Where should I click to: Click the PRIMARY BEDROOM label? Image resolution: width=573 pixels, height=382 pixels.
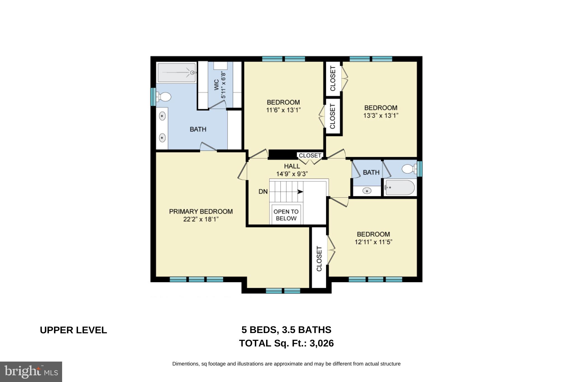coord(201,211)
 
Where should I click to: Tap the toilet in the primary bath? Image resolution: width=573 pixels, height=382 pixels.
coord(164,97)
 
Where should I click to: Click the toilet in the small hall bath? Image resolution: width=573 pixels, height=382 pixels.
coord(408,169)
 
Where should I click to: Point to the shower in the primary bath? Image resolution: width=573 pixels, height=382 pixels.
coord(176,73)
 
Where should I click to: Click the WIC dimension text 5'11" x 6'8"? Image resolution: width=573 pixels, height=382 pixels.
coord(223,85)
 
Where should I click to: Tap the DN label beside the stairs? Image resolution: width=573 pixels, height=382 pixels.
coord(263,192)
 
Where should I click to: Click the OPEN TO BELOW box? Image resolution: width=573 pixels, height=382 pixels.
coord(286,215)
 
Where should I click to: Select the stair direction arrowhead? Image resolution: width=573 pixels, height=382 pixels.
coord(300,192)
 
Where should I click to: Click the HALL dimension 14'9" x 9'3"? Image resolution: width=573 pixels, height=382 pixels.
coord(292,174)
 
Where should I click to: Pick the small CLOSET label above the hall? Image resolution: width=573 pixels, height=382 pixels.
coord(310,155)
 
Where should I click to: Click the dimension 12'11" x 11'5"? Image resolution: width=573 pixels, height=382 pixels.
coord(373,242)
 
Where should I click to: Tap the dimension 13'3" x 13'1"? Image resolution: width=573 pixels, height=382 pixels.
coord(381,116)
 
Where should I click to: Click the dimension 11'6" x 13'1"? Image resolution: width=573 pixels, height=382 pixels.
coord(283,110)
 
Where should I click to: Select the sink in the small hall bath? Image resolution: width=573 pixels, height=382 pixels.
coord(367,191)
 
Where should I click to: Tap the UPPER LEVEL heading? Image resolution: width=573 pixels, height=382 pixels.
coord(73,330)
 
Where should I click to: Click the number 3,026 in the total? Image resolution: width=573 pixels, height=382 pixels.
coord(321,343)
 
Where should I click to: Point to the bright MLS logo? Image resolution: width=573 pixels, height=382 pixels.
coord(31,372)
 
